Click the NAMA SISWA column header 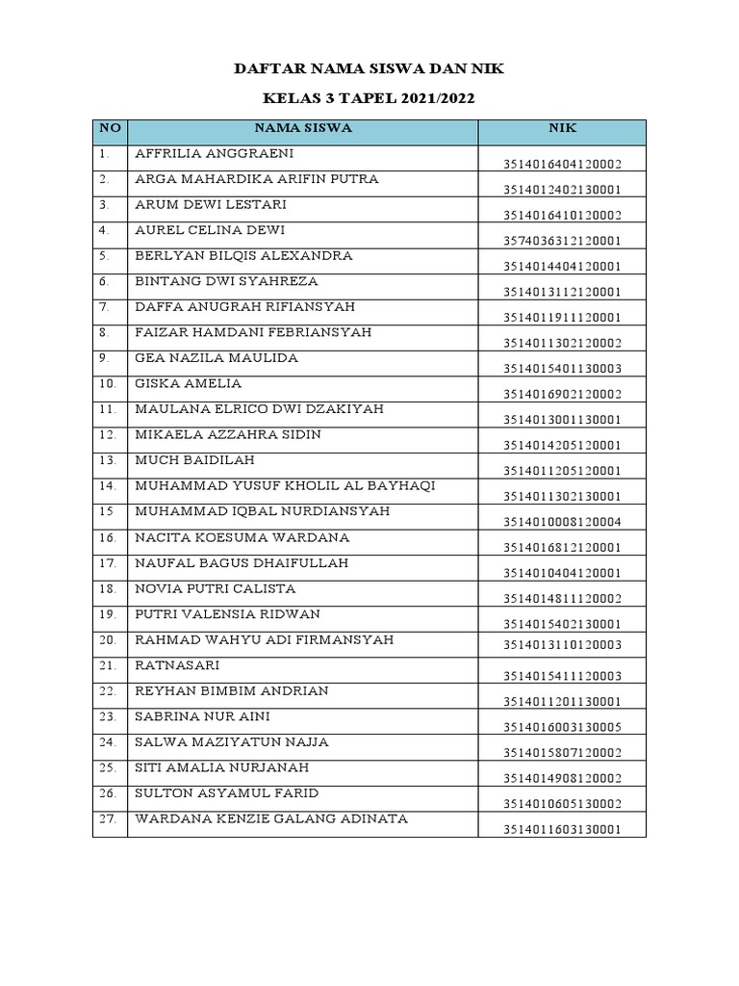point(303,127)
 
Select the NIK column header point(562,127)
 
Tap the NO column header point(110,127)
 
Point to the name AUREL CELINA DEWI point(210,230)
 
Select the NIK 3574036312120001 point(562,241)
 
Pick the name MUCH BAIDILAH point(189,460)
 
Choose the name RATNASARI point(177,665)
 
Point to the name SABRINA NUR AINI point(203,716)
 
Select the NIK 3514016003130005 point(562,727)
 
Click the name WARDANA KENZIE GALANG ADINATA point(271,819)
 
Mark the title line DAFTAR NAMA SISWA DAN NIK point(369,69)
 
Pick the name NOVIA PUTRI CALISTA point(216,588)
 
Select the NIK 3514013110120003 point(562,645)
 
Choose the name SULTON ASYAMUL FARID point(226,793)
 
